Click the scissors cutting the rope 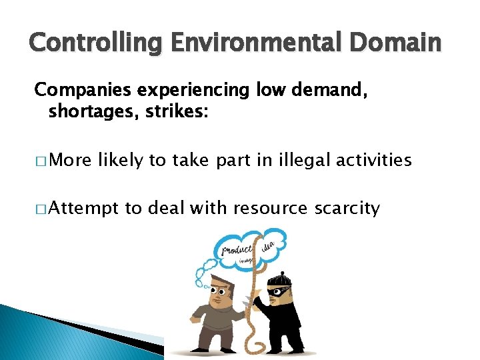[249, 303]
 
